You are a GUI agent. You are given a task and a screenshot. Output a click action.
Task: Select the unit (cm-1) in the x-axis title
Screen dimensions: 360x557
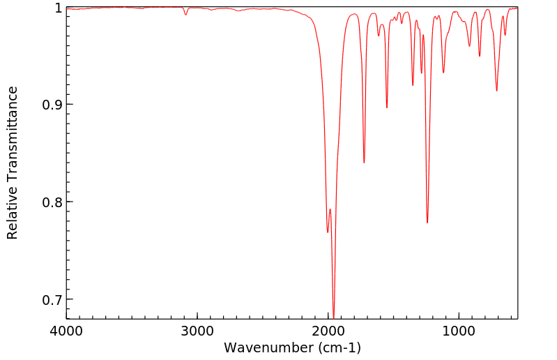(337, 347)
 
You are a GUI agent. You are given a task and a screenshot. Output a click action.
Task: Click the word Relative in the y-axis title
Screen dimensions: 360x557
(13, 210)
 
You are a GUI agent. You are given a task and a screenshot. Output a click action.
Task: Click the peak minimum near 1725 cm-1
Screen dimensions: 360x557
(364, 163)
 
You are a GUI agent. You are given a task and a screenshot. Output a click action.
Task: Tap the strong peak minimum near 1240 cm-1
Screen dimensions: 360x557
(427, 223)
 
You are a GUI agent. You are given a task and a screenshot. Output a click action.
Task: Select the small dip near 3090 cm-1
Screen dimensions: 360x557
(185, 15)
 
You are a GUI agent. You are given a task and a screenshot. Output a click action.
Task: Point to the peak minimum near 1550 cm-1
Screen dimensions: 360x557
(387, 107)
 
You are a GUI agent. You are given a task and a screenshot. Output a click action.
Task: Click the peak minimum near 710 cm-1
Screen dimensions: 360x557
(496, 91)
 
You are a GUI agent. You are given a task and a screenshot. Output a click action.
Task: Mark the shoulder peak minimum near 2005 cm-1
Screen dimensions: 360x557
(328, 232)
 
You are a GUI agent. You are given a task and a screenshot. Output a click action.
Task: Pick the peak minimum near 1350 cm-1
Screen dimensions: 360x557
(413, 85)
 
